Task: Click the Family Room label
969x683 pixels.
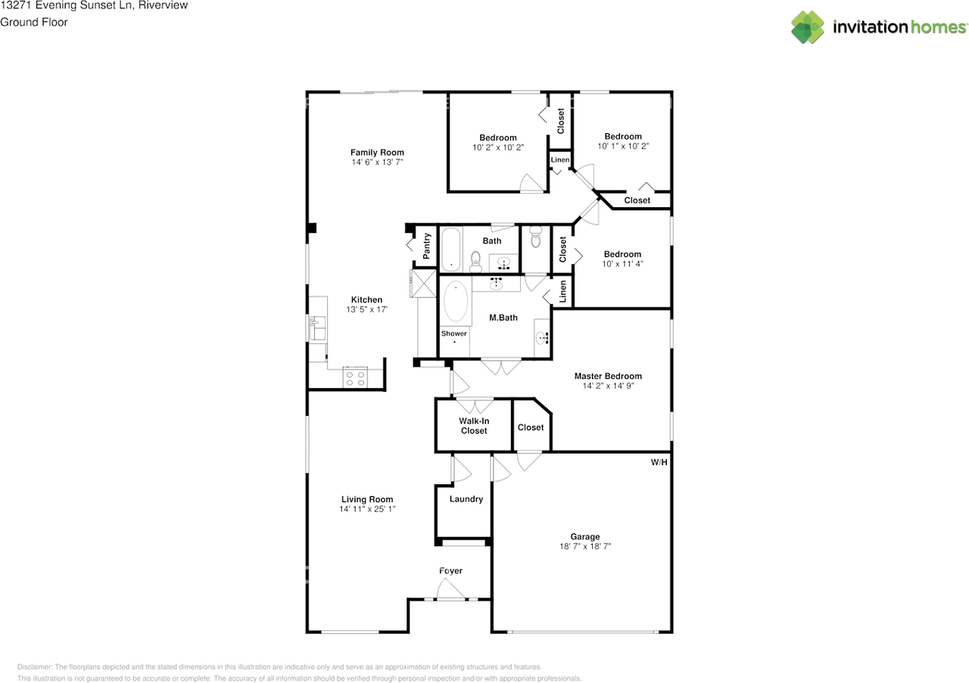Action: tap(377, 152)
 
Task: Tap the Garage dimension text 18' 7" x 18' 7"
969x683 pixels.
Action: tap(585, 546)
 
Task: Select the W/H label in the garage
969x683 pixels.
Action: tap(659, 463)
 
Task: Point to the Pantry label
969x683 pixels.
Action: tap(426, 246)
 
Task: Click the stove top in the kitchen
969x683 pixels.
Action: tap(355, 378)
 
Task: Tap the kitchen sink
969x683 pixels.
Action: tap(317, 328)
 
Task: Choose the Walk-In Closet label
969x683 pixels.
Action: tap(474, 426)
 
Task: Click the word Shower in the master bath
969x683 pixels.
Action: tap(453, 334)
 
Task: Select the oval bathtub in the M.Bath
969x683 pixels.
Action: tap(456, 301)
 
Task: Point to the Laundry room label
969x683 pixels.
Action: tap(466, 499)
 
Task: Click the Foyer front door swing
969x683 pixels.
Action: tap(450, 588)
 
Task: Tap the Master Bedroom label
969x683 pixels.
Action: tap(608, 376)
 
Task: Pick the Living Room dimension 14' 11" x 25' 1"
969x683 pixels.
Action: tap(367, 509)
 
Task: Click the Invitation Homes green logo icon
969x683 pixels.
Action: tap(808, 27)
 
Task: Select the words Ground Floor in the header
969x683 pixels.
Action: tap(34, 22)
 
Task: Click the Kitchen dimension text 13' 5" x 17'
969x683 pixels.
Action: tap(367, 309)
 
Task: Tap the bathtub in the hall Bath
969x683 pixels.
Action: tap(450, 250)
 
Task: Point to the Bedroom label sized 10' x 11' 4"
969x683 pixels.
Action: tap(622, 254)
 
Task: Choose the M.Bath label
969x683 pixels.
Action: tap(503, 318)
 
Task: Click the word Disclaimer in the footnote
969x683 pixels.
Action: tap(35, 667)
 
